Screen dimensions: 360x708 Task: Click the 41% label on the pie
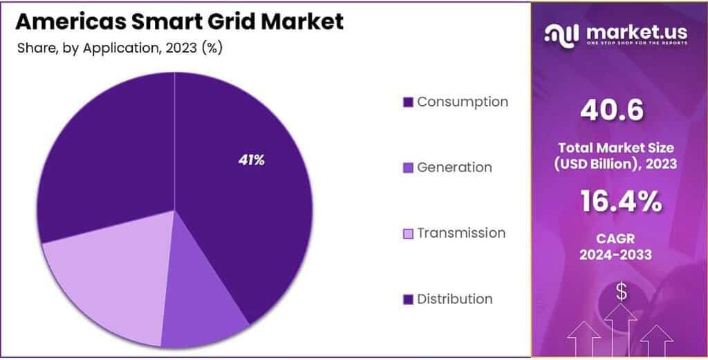(251, 160)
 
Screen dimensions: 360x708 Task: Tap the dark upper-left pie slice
(111, 152)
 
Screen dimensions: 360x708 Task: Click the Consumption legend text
(463, 102)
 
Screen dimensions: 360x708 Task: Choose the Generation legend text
(455, 167)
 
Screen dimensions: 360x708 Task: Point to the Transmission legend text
(461, 233)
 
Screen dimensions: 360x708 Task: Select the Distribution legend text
(455, 299)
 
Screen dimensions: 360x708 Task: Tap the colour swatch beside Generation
(408, 168)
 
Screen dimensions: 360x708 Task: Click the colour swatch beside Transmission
(408, 234)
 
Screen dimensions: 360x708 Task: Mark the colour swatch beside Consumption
(408, 102)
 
